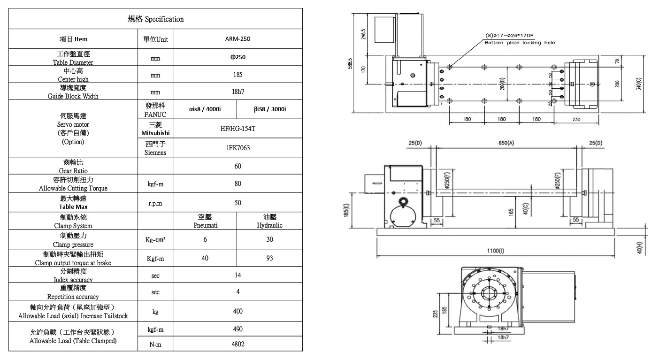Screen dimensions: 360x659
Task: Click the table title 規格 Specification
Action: (x=155, y=19)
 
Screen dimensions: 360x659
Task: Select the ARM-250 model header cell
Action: (x=238, y=39)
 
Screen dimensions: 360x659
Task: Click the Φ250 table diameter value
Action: (x=238, y=57)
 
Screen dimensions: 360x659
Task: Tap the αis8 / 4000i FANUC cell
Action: (x=205, y=109)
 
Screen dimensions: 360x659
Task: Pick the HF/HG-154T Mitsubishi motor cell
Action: (x=238, y=129)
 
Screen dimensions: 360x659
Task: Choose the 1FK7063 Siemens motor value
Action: (x=238, y=148)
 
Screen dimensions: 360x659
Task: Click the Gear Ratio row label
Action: (x=73, y=166)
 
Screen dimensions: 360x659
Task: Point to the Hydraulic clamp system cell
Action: (x=269, y=222)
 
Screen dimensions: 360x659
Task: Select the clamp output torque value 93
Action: (x=269, y=258)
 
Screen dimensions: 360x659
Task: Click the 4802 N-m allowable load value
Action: (x=238, y=344)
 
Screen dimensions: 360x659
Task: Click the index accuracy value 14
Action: (x=238, y=276)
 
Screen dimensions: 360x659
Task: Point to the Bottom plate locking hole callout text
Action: (x=519, y=43)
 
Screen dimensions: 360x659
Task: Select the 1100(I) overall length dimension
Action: (x=495, y=252)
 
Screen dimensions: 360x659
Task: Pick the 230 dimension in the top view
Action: (x=576, y=119)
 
